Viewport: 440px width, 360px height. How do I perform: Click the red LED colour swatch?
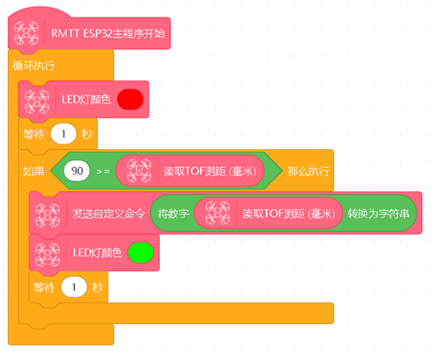(x=130, y=100)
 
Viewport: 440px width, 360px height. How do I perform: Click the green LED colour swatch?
(x=141, y=252)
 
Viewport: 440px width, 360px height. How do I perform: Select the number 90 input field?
(x=77, y=170)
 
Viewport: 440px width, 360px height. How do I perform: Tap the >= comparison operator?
(x=103, y=171)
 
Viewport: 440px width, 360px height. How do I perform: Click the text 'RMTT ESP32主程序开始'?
(x=108, y=33)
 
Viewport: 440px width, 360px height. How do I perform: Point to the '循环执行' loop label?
(x=33, y=66)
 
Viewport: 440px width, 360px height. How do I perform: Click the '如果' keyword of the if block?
(x=33, y=171)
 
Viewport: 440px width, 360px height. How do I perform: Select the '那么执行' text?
(x=308, y=171)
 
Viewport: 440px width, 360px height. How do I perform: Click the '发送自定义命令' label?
(x=108, y=213)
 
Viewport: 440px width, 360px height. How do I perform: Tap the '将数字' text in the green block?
(x=173, y=214)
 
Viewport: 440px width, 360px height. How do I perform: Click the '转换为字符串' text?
(x=378, y=214)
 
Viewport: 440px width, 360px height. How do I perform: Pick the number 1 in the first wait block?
(x=64, y=134)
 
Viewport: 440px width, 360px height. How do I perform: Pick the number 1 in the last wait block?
(x=74, y=287)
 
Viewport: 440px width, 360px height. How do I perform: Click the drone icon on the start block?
(x=26, y=33)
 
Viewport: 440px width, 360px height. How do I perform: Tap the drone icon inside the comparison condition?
(x=139, y=170)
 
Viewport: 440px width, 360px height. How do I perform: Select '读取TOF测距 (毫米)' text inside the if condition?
(x=210, y=171)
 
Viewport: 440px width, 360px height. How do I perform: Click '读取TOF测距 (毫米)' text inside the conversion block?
(x=289, y=214)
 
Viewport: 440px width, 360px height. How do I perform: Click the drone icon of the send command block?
(x=48, y=215)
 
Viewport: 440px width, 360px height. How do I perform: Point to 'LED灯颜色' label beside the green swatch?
(x=97, y=252)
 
